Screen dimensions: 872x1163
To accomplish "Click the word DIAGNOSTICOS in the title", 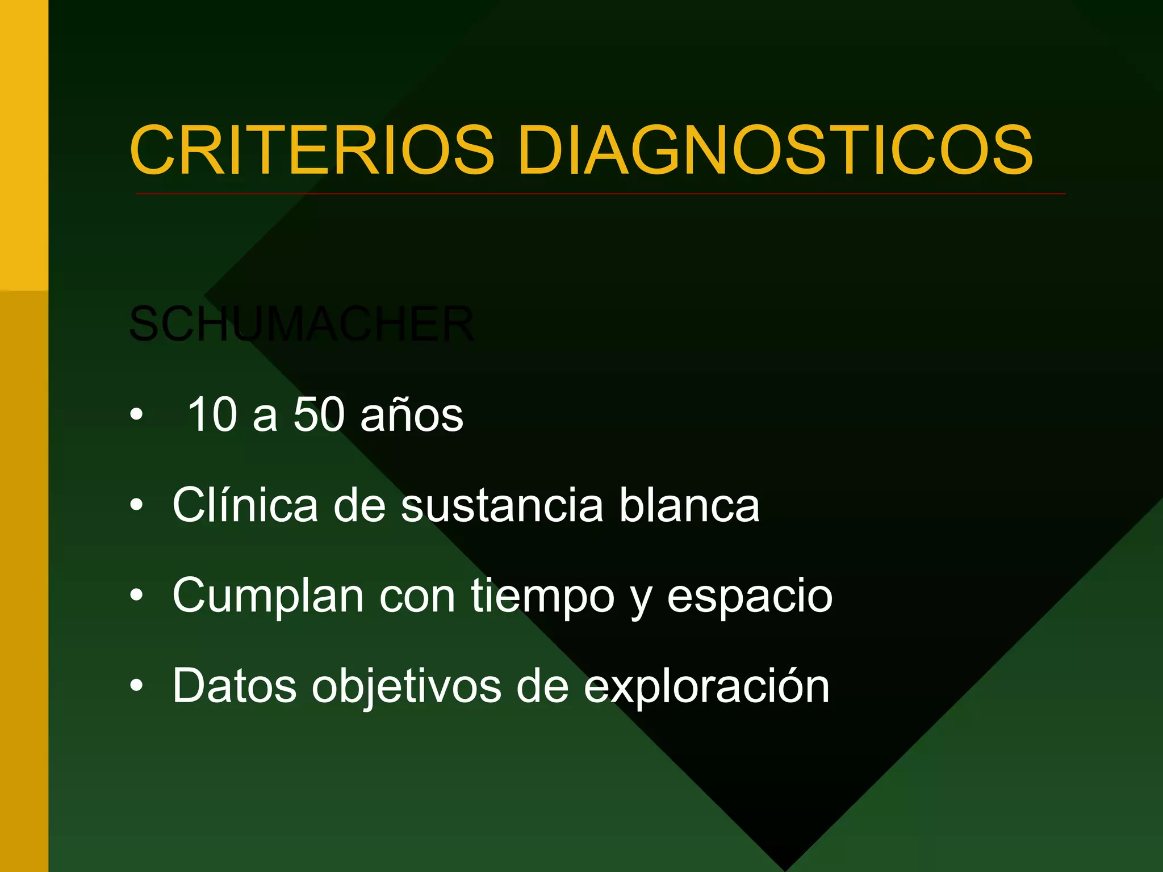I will (775, 150).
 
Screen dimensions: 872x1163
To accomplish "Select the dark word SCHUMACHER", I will (302, 324).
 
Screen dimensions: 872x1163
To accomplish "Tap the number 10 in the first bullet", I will (212, 414).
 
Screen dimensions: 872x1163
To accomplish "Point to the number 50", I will (319, 414).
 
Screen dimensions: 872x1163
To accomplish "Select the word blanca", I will (689, 505).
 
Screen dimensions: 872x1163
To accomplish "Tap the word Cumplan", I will (268, 596).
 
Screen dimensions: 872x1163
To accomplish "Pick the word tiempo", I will (543, 597).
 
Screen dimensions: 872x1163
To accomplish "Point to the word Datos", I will (235, 686).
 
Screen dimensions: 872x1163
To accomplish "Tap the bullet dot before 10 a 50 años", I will (136, 415).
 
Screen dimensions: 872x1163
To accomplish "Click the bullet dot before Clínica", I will (136, 505).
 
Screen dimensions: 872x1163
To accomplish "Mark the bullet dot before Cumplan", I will (136, 596).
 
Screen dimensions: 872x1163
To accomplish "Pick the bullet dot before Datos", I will (136, 686).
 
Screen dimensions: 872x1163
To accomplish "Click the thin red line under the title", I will (600, 194).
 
